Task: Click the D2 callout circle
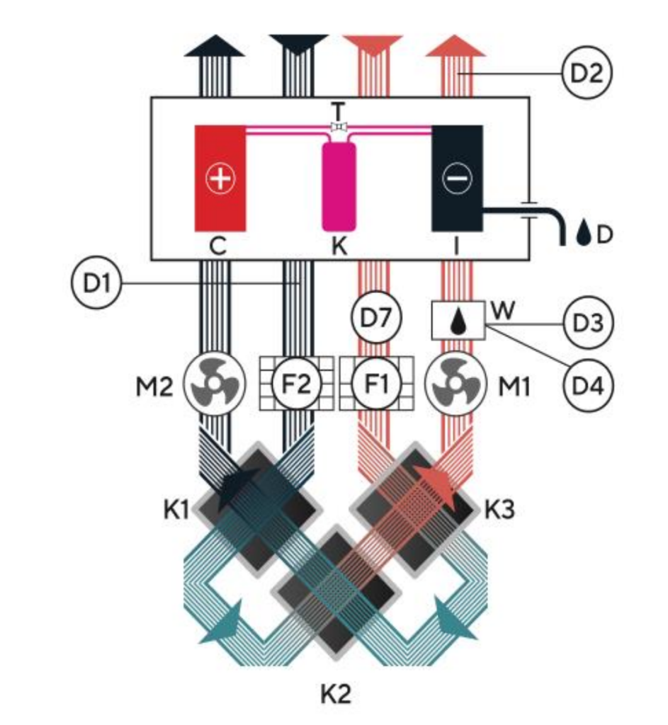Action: [x=587, y=72]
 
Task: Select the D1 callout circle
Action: [x=96, y=282]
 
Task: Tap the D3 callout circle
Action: [x=588, y=323]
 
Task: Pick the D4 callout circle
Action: [x=588, y=385]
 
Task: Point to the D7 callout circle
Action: [x=376, y=316]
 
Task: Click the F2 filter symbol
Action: [x=296, y=383]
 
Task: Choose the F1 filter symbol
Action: [x=377, y=383]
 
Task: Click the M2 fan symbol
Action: [x=215, y=384]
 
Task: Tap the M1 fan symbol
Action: [x=455, y=384]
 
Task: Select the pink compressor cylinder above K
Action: [x=339, y=186]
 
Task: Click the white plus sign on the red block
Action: [x=220, y=178]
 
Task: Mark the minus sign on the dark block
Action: [x=457, y=178]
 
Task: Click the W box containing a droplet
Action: [x=458, y=321]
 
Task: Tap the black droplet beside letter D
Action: [x=584, y=234]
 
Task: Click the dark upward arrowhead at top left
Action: [x=215, y=45]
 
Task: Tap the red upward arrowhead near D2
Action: [x=455, y=45]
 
